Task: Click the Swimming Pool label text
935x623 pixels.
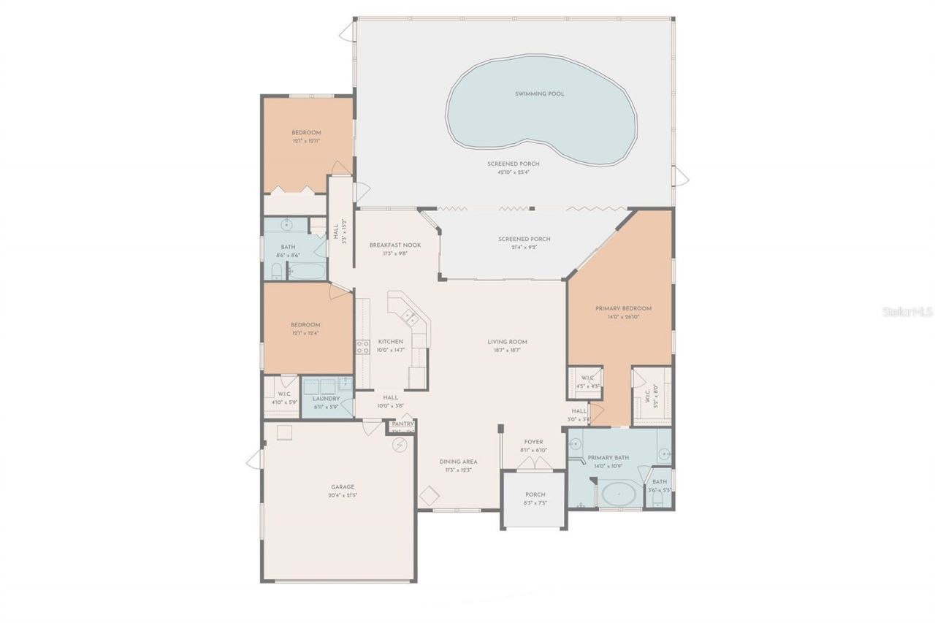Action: [x=539, y=93]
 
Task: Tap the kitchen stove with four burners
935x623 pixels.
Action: [x=362, y=347]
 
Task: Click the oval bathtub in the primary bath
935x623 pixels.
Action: [x=619, y=494]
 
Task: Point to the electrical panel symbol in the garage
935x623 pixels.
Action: [x=399, y=444]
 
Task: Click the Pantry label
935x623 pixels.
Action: [x=402, y=424]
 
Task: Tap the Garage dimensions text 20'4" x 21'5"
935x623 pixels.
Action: [x=342, y=495]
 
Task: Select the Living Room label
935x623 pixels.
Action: [x=507, y=342]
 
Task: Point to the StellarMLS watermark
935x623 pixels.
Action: [x=907, y=311]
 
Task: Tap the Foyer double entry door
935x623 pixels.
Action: [x=534, y=465]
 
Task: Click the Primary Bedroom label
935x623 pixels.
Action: [x=622, y=308]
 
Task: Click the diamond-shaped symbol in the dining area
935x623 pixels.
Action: [x=429, y=495]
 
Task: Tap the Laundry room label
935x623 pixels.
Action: [x=326, y=399]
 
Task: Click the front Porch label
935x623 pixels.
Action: [x=535, y=494]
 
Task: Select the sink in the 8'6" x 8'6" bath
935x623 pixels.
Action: [x=287, y=224]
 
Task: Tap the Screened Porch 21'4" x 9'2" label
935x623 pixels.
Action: [x=524, y=239]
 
